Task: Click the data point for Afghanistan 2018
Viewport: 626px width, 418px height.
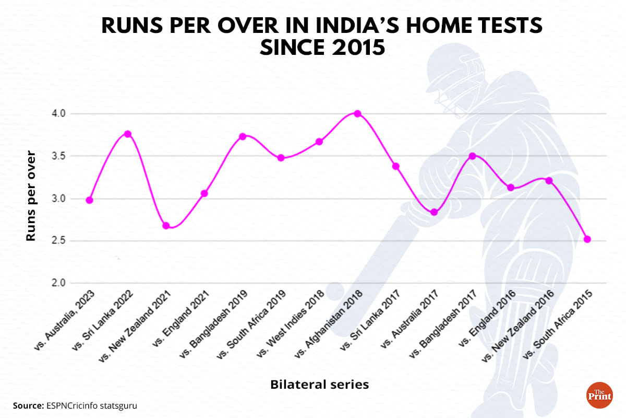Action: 357,113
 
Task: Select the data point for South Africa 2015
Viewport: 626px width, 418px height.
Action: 587,239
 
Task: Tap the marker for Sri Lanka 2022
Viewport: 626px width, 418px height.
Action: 128,134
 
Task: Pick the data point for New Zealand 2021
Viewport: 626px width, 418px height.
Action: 166,226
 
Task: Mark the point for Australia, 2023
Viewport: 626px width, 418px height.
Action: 90,200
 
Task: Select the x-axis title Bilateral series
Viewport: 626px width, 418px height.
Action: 319,385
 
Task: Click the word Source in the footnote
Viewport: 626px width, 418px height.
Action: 27,405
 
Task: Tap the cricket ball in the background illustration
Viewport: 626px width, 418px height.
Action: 334,291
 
